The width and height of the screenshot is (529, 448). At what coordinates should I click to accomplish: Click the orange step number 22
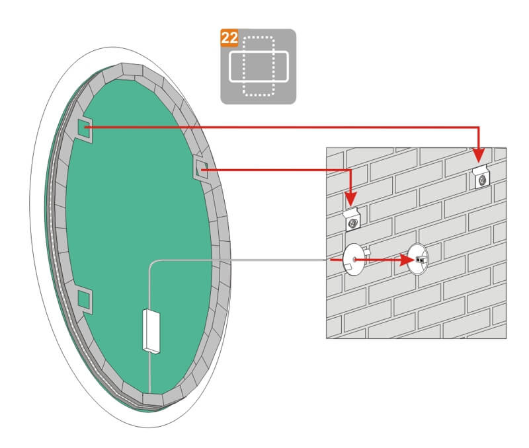pyautogui.click(x=229, y=38)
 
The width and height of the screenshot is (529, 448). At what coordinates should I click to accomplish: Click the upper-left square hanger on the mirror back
pyautogui.click(x=85, y=130)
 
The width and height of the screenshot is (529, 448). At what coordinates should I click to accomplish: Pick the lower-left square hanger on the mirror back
pyautogui.click(x=85, y=300)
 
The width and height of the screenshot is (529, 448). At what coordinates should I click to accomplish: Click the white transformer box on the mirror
pyautogui.click(x=151, y=332)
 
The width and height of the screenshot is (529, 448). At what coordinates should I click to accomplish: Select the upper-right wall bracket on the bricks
pyautogui.click(x=481, y=176)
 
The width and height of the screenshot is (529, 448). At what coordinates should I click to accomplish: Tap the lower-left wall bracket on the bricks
pyautogui.click(x=352, y=219)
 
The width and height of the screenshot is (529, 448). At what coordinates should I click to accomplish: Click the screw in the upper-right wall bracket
pyautogui.click(x=483, y=180)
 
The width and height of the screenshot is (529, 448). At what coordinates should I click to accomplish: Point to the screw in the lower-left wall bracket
pyautogui.click(x=353, y=223)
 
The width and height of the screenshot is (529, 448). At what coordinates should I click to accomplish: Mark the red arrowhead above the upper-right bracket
pyautogui.click(x=478, y=155)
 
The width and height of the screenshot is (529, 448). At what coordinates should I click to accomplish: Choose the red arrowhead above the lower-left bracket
pyautogui.click(x=351, y=199)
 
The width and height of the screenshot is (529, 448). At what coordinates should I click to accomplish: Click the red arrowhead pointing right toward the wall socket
pyautogui.click(x=407, y=260)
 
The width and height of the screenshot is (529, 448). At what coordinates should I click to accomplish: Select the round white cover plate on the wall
pyautogui.click(x=353, y=259)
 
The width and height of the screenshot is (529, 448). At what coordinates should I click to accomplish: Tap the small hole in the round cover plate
pyautogui.click(x=354, y=260)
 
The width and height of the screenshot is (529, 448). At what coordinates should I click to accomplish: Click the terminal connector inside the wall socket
pyautogui.click(x=421, y=260)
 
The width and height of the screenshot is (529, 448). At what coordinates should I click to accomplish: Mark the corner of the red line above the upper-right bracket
pyautogui.click(x=478, y=128)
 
